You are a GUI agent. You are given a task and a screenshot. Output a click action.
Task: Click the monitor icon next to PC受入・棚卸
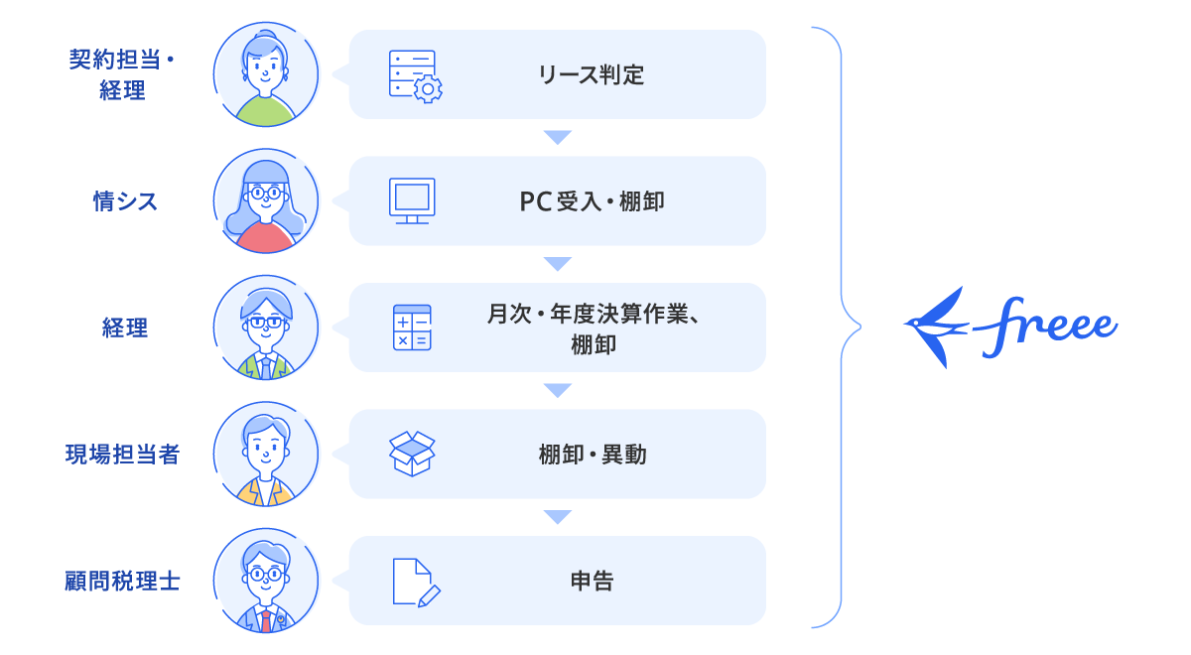pos(412,201)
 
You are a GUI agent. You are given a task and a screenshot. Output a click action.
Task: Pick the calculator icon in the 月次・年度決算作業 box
pos(412,327)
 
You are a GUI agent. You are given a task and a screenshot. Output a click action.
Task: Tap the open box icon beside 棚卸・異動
pos(412,454)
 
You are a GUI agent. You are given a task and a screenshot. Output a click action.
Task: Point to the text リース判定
pos(592,75)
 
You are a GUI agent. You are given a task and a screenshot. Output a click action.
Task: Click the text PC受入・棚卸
pos(592,201)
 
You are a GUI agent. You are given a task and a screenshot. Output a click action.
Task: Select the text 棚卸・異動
pos(592,455)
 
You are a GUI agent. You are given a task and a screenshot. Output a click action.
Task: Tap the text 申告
pos(592,581)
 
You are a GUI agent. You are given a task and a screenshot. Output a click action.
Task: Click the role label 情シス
pos(125,201)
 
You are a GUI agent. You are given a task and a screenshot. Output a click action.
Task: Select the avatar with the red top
pos(267,201)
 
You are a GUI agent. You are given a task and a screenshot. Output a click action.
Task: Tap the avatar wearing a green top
pos(267,75)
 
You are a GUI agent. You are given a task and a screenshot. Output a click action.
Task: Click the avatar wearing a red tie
pos(267,581)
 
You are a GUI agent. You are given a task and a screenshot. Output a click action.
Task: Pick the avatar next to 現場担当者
pos(267,455)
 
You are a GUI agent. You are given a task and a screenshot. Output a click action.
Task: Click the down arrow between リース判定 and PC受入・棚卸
pos(558,138)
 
